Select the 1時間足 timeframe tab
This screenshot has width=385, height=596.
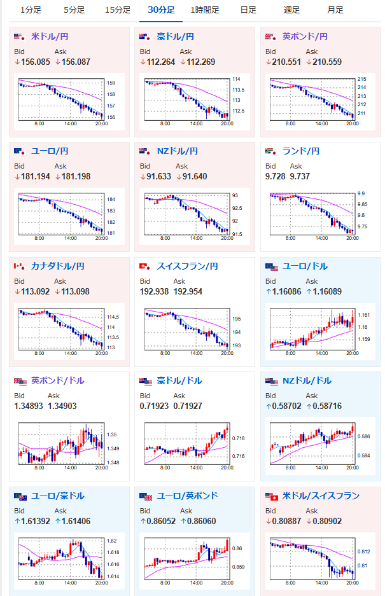pyautogui.click(x=205, y=10)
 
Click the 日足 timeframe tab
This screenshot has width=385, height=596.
pyautogui.click(x=248, y=10)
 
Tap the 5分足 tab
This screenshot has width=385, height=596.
pyautogui.click(x=74, y=10)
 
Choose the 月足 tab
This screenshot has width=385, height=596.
pyautogui.click(x=335, y=10)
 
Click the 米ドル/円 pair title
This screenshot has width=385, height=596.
pyautogui.click(x=50, y=36)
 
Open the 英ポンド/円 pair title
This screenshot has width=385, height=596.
pyautogui.click(x=305, y=36)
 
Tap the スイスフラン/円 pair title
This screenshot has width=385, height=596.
pyautogui.click(x=187, y=266)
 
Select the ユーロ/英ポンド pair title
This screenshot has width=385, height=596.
pyautogui.click(x=187, y=496)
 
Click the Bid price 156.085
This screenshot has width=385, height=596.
pyautogui.click(x=36, y=62)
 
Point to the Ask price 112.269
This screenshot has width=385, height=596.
pyautogui.click(x=200, y=62)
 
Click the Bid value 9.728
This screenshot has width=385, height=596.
pyautogui.click(x=275, y=176)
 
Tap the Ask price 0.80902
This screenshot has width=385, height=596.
pyautogui.click(x=327, y=521)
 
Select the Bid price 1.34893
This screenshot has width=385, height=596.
pyautogui.click(x=29, y=406)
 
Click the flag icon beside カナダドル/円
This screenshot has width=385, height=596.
pyautogui.click(x=19, y=267)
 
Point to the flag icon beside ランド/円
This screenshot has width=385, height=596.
pyautogui.click(x=270, y=151)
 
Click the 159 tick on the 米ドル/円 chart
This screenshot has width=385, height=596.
pyautogui.click(x=111, y=83)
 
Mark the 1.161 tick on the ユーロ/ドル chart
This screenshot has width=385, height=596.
pyautogui.click(x=364, y=315)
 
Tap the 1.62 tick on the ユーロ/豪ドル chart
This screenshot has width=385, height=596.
pyautogui.click(x=112, y=541)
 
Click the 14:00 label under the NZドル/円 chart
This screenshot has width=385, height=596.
pyautogui.click(x=196, y=238)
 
